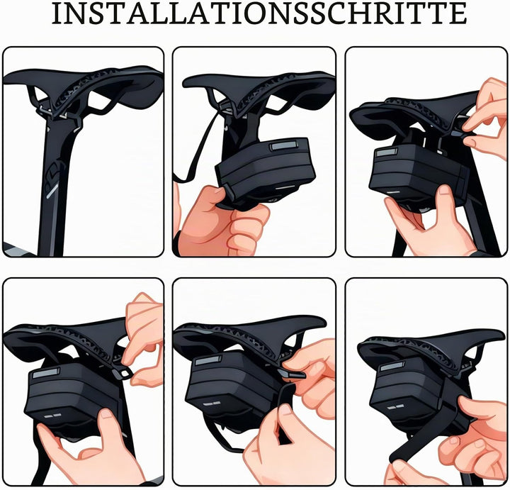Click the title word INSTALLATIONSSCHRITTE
point(259,13)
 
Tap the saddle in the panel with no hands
point(83,88)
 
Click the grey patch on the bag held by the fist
point(283,145)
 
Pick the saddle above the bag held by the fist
point(259,91)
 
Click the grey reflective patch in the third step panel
point(386,152)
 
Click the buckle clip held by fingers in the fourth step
point(123,373)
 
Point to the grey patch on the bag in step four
point(46,373)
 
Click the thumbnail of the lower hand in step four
point(106,414)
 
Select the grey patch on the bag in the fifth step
point(208,361)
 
